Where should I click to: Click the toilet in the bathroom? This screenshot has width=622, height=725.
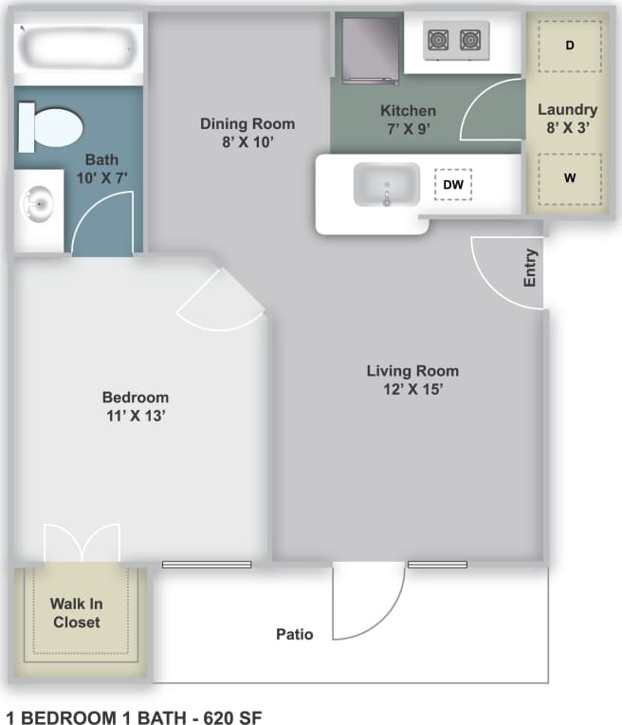(51, 126)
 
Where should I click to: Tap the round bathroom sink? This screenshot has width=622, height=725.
(39, 202)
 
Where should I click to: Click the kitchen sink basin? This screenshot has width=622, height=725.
(387, 184)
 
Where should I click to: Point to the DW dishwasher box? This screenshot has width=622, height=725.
(453, 185)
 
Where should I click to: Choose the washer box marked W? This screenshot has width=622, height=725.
(569, 177)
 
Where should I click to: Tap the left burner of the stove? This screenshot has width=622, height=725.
(438, 40)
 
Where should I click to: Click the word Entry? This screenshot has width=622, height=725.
(530, 268)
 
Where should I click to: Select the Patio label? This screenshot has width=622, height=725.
(295, 634)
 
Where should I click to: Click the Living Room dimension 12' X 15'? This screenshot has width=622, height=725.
(412, 388)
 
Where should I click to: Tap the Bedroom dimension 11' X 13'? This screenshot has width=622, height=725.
(136, 415)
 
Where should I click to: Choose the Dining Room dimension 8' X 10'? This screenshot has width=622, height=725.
(247, 141)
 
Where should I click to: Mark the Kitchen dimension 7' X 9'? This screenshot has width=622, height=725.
(408, 129)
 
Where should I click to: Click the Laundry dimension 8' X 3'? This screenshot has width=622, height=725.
(568, 127)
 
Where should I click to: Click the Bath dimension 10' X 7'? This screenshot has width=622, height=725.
(101, 177)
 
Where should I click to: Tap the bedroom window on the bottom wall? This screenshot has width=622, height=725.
(206, 565)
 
